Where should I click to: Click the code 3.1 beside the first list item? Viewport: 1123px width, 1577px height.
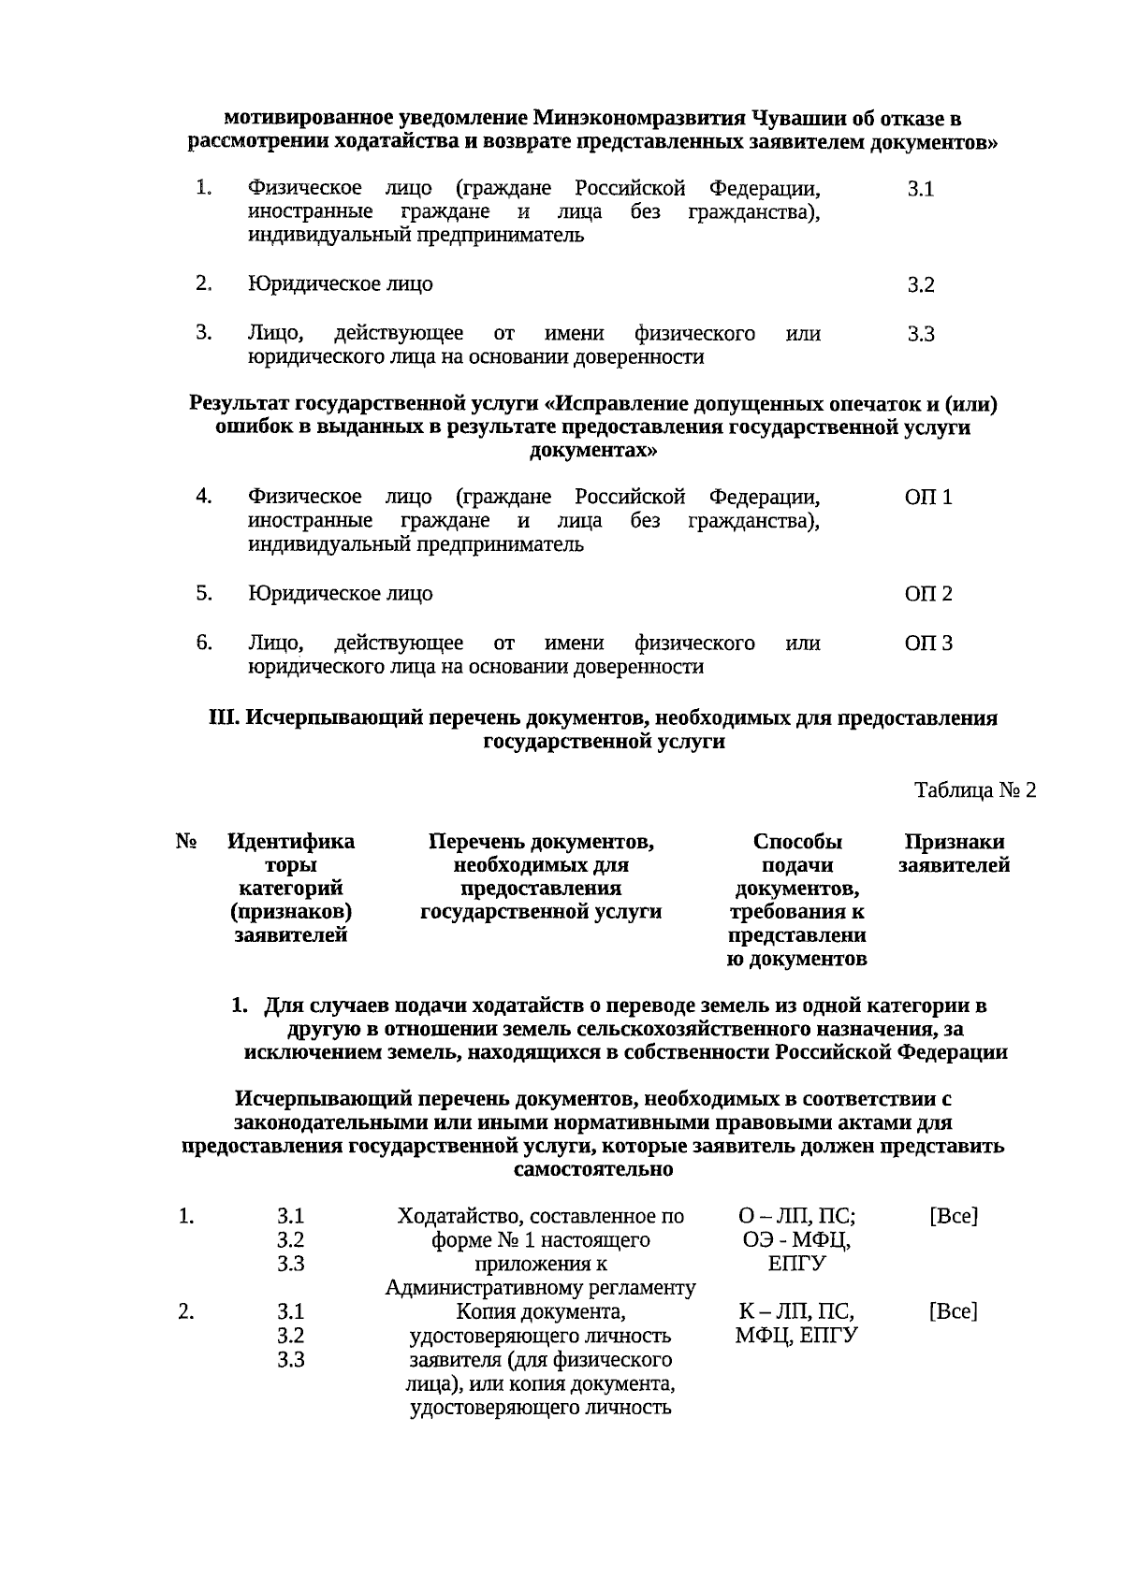tap(920, 190)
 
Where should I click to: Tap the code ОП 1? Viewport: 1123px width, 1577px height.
tap(927, 499)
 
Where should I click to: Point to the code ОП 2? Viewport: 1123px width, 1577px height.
tap(927, 595)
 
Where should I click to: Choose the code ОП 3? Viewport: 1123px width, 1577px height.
tap(927, 644)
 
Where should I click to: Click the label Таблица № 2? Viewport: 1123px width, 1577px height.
tap(975, 790)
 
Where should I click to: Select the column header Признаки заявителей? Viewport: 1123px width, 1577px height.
tap(954, 854)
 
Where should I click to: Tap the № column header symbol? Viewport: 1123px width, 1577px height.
tap(185, 842)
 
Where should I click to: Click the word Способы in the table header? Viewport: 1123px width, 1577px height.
tap(796, 842)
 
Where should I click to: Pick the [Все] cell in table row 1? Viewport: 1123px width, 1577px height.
tap(953, 1217)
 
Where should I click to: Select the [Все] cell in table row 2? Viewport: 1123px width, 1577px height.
tap(953, 1311)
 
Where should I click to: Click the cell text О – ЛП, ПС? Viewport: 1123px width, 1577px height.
tap(796, 1217)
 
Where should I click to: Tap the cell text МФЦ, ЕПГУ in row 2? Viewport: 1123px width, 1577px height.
tap(796, 1336)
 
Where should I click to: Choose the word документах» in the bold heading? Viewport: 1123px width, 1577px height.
tap(592, 451)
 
